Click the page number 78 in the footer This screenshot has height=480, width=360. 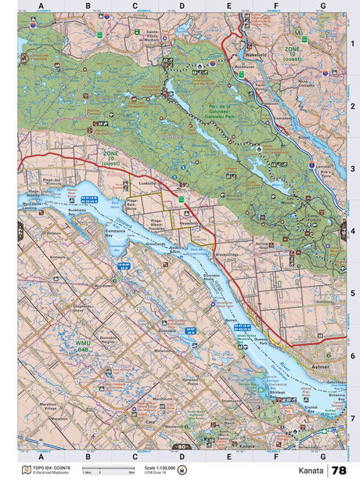coord(339,471)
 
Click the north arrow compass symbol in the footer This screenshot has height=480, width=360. coord(182,470)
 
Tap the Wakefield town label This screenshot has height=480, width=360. coord(255,56)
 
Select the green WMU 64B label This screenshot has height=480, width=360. coord(84,345)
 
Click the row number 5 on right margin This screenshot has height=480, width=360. coord(352,294)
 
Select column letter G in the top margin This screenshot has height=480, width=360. coord(322,6)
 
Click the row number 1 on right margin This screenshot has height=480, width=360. coord(352,43)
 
